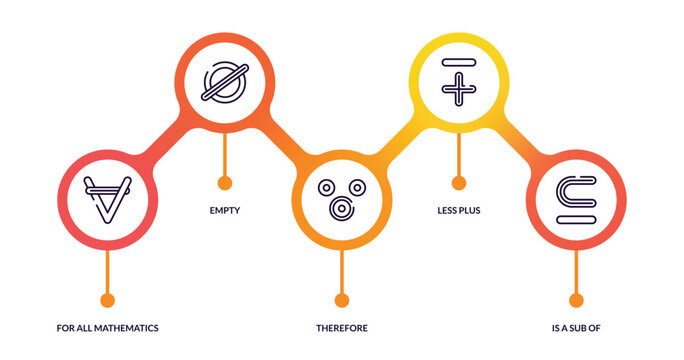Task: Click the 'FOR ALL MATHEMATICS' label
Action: tap(107, 328)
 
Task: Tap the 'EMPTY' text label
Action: tap(225, 211)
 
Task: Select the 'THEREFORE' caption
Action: tap(342, 328)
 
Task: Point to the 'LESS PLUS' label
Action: tap(459, 211)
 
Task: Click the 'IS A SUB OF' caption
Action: tap(575, 328)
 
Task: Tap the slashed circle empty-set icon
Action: tap(224, 81)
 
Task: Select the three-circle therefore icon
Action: tap(342, 197)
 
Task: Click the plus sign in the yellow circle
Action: tap(459, 91)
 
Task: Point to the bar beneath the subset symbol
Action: tap(576, 217)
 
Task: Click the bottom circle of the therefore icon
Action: tap(342, 207)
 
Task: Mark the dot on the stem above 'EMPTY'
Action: tap(225, 183)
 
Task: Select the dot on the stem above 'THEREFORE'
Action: tap(342, 300)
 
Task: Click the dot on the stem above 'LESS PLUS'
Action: tap(459, 183)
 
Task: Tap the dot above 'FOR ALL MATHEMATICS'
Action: tap(107, 300)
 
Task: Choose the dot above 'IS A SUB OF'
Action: tap(576, 300)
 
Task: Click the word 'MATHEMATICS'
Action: tap(129, 328)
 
